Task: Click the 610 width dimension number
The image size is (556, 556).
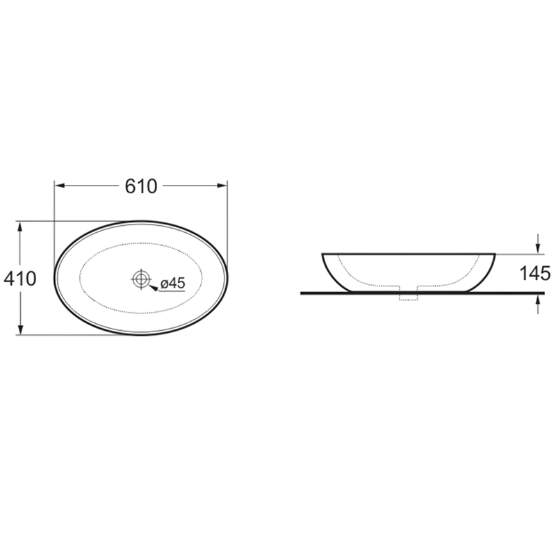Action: pyautogui.click(x=141, y=186)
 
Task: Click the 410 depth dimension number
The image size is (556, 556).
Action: pyautogui.click(x=20, y=279)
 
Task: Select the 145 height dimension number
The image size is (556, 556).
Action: pyautogui.click(x=534, y=273)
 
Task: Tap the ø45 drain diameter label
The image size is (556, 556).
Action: pyautogui.click(x=172, y=284)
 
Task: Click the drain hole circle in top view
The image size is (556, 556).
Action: pyautogui.click(x=142, y=279)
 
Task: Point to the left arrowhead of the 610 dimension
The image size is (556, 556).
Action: pyautogui.click(x=59, y=186)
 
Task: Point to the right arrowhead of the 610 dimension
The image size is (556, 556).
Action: pyautogui.click(x=222, y=186)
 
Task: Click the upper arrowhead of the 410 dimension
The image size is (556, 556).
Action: pyautogui.click(x=20, y=227)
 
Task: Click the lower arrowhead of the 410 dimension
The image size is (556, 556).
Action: pyautogui.click(x=20, y=329)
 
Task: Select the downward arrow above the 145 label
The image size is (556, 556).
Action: pyautogui.click(x=538, y=244)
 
